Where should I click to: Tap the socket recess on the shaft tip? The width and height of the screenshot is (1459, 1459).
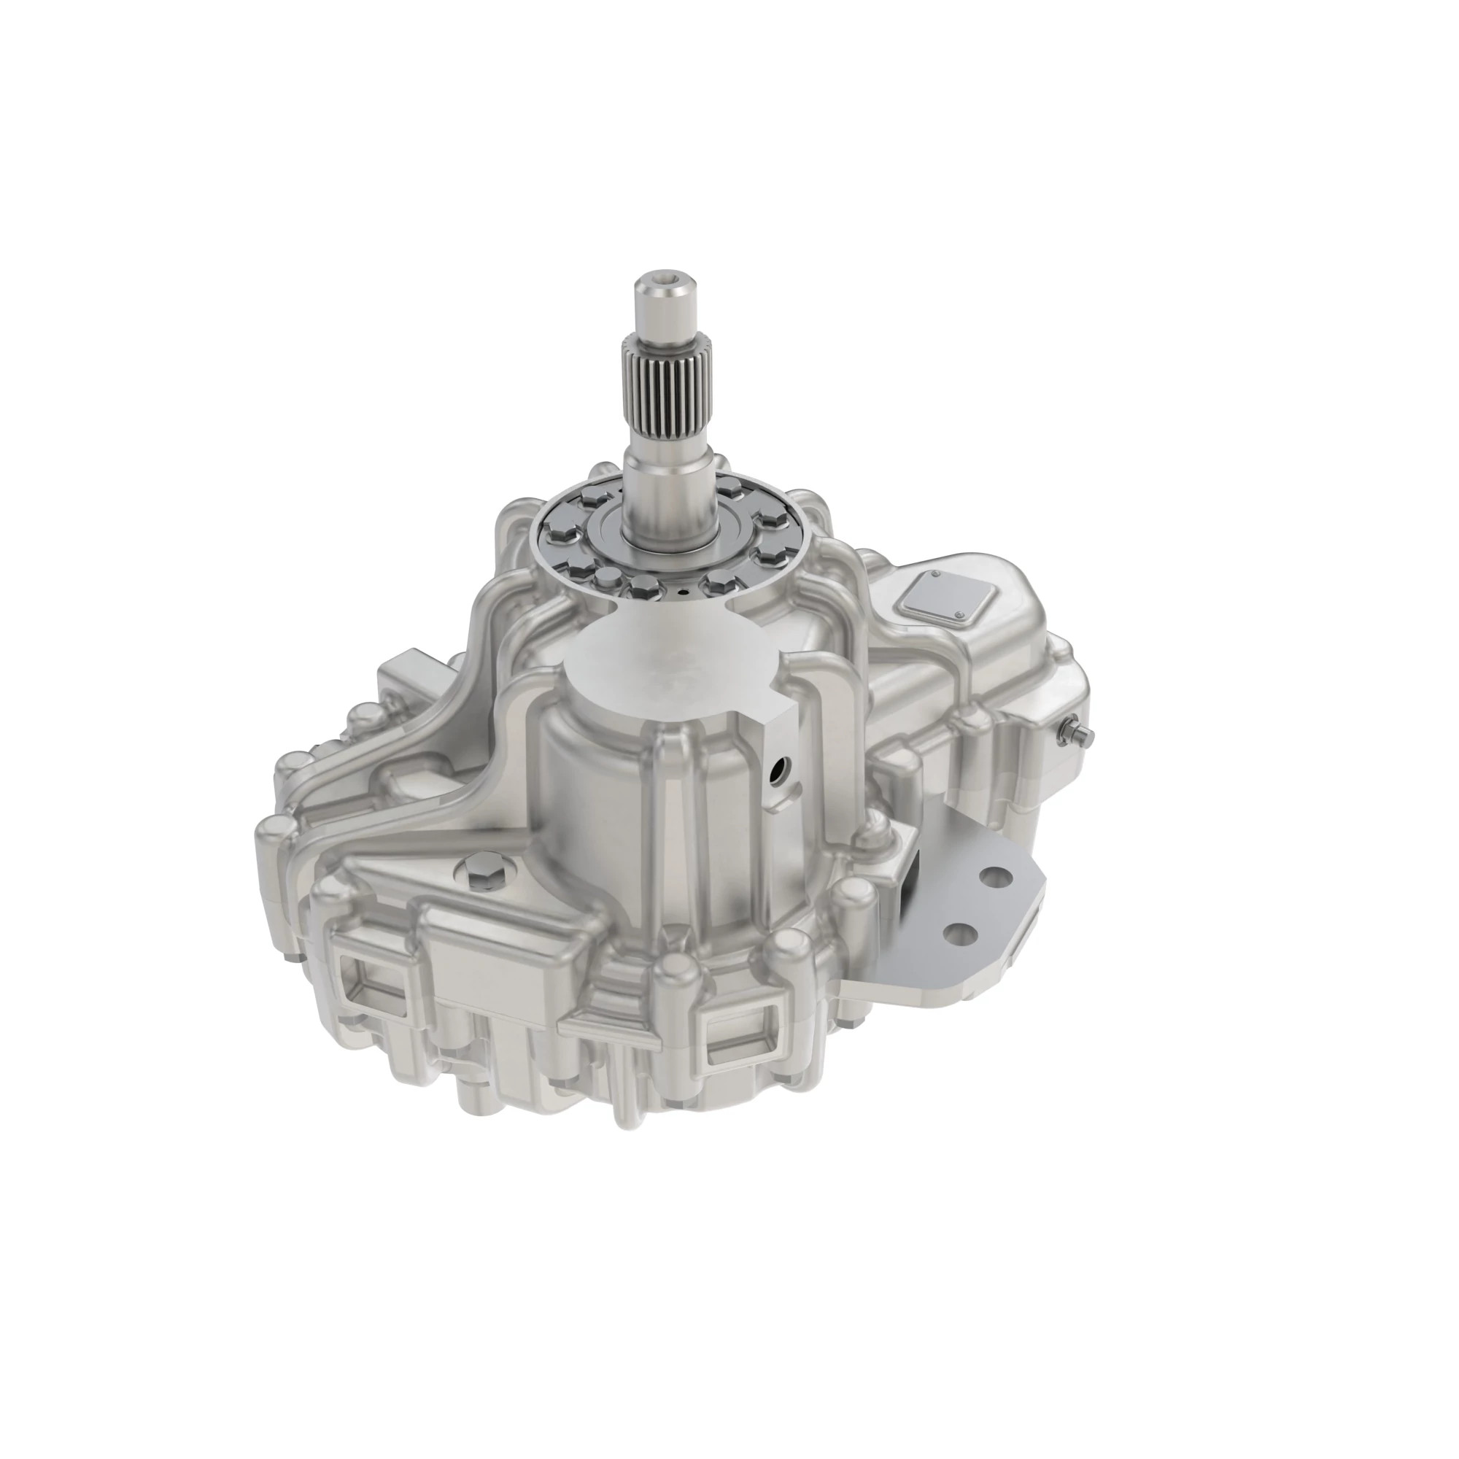pos(662,283)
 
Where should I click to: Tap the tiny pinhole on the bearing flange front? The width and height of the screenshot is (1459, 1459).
pos(683,595)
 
